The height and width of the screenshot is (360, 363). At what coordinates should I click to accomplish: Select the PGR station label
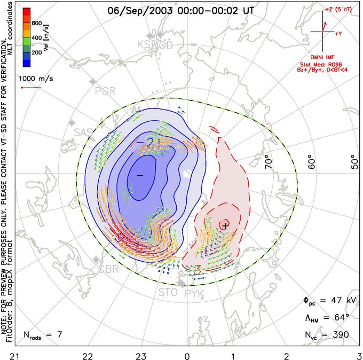click(x=105, y=91)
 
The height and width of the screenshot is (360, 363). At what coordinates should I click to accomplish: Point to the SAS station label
click(x=83, y=132)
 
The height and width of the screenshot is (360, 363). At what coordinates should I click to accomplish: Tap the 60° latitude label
click(x=315, y=161)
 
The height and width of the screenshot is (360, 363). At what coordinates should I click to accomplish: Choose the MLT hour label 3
click(x=358, y=354)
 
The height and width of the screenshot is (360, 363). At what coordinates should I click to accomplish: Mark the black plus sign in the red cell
click(x=225, y=226)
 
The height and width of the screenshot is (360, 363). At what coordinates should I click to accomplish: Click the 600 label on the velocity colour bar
click(x=36, y=23)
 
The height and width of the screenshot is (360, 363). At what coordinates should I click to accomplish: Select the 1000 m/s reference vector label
click(x=35, y=76)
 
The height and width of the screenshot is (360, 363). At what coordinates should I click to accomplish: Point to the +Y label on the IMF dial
click(x=338, y=33)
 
